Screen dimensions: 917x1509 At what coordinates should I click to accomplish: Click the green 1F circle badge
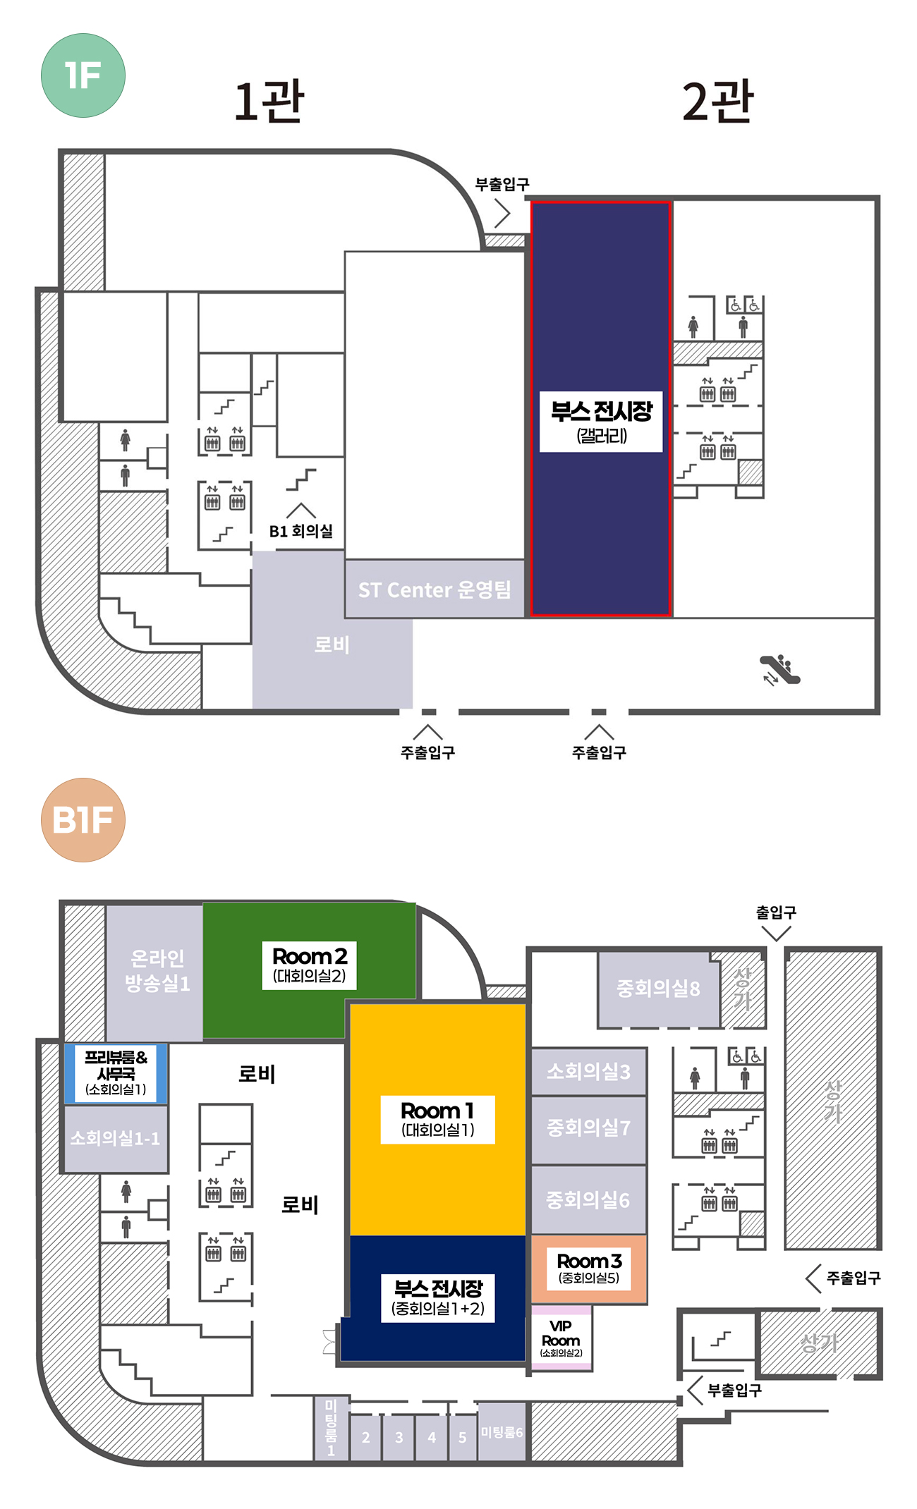(83, 75)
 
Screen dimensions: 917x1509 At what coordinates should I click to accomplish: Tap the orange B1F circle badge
(83, 820)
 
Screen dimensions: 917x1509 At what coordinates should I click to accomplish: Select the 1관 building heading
(269, 102)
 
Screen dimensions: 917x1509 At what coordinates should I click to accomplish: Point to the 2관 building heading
(718, 102)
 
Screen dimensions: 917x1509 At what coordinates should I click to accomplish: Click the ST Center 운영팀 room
(435, 589)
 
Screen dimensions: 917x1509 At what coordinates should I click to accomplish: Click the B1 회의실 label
(301, 531)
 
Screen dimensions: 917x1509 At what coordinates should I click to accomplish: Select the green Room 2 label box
(309, 965)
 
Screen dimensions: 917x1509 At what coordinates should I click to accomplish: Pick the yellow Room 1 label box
(437, 1120)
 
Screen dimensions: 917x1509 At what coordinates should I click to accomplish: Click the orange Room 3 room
(589, 1269)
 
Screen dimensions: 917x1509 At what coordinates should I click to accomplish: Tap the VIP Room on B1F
(561, 1338)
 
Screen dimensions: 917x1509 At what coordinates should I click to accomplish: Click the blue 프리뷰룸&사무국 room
(116, 1074)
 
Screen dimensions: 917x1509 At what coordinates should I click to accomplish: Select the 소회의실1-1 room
(116, 1138)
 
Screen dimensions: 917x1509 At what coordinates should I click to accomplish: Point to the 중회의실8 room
(659, 989)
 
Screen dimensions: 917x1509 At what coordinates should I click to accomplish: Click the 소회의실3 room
(588, 1071)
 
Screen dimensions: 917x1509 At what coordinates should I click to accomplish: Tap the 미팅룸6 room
(502, 1431)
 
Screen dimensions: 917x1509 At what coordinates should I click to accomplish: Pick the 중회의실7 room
(588, 1129)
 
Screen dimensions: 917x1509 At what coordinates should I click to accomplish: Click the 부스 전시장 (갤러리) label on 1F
(601, 422)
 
